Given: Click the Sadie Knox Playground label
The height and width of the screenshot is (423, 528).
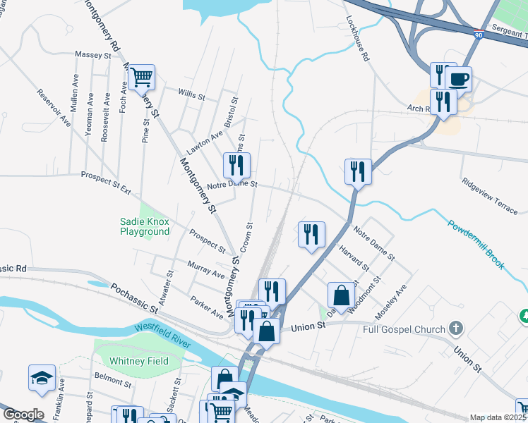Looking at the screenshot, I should [x=145, y=226].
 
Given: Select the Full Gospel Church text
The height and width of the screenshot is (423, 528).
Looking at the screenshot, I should [x=404, y=329].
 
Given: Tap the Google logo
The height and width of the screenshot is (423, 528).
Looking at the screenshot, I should [x=23, y=415].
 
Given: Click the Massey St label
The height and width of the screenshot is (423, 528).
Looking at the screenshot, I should [x=93, y=54].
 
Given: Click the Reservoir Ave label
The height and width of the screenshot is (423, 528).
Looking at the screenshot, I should [x=54, y=107].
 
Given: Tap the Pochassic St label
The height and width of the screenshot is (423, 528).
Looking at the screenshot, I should [x=133, y=298].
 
